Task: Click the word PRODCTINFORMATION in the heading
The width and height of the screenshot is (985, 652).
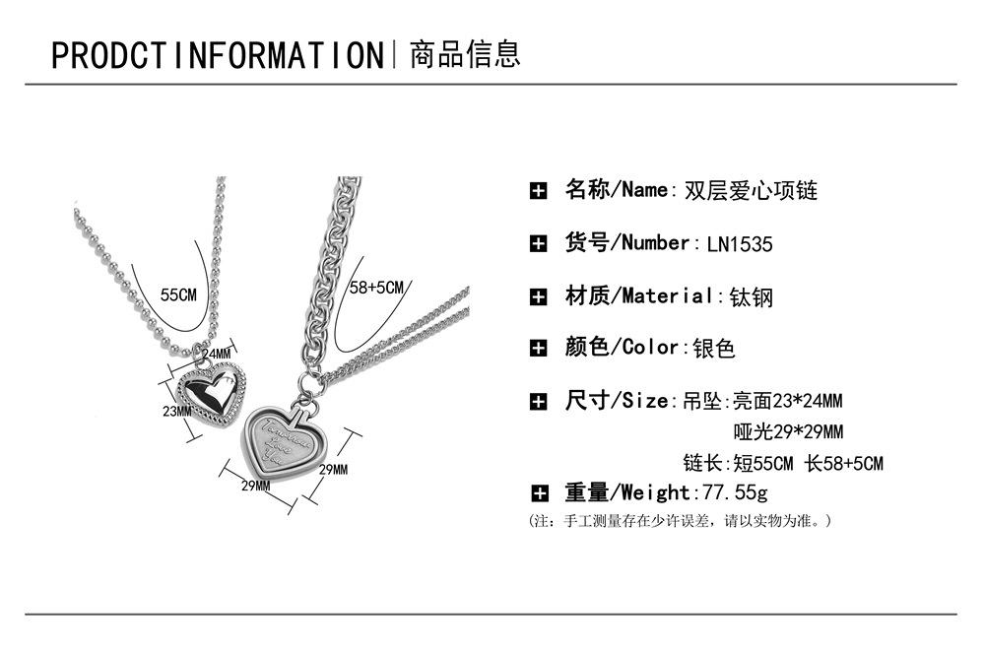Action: click(217, 54)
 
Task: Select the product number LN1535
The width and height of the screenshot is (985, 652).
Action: click(740, 244)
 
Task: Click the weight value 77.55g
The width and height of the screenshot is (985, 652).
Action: click(731, 492)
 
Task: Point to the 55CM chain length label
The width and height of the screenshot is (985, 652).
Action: click(178, 294)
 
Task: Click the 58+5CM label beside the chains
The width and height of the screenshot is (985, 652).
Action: click(377, 288)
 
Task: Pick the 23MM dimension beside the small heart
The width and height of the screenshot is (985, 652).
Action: click(177, 411)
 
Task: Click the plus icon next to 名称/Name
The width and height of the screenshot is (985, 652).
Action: click(538, 191)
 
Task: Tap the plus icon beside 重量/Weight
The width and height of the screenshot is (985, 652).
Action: click(538, 493)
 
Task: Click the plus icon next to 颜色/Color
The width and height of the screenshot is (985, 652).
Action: click(538, 348)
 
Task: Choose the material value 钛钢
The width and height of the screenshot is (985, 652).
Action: click(751, 296)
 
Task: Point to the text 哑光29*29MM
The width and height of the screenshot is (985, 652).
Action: click(788, 432)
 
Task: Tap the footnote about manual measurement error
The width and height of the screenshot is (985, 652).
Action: click(681, 520)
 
